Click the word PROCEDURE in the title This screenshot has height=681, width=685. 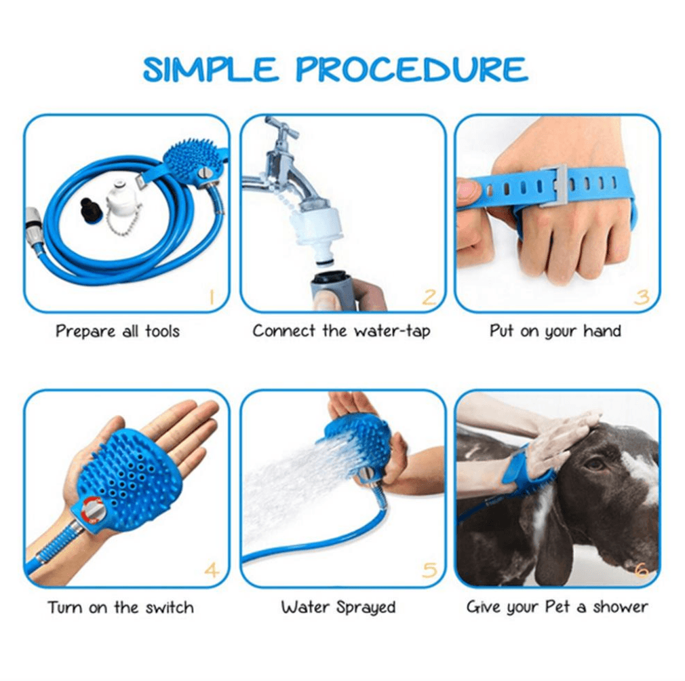point(412,70)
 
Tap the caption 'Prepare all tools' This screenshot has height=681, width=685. point(117,331)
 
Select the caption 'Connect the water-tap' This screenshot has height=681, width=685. point(341,331)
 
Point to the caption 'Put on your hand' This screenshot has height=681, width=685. point(555,331)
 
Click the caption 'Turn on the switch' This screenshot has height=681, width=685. point(121,607)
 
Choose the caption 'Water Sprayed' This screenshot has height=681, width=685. point(338,607)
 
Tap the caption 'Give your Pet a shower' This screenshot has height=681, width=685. point(557,607)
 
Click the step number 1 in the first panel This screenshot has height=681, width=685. point(211,296)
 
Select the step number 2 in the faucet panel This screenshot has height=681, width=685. point(429,296)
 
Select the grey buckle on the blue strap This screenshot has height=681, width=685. point(553,184)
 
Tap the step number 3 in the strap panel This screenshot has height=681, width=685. point(642,296)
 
